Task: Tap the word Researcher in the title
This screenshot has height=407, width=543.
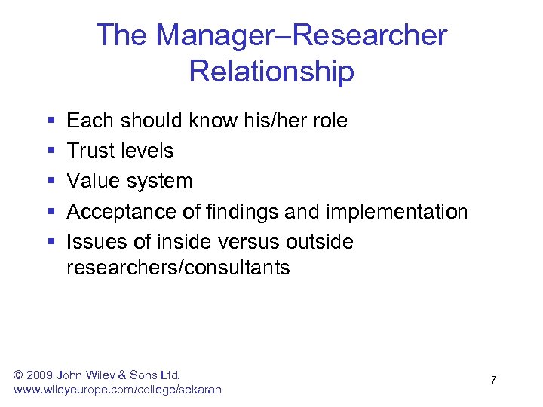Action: (x=362, y=35)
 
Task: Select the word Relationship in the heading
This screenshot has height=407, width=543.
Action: (x=271, y=72)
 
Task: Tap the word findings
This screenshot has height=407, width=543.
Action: (x=242, y=212)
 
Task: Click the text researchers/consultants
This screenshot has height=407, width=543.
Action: (x=178, y=268)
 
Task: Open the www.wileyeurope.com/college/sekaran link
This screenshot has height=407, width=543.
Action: (x=118, y=389)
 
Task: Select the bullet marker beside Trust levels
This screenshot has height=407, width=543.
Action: (x=51, y=151)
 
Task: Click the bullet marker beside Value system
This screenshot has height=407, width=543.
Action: (x=51, y=181)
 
